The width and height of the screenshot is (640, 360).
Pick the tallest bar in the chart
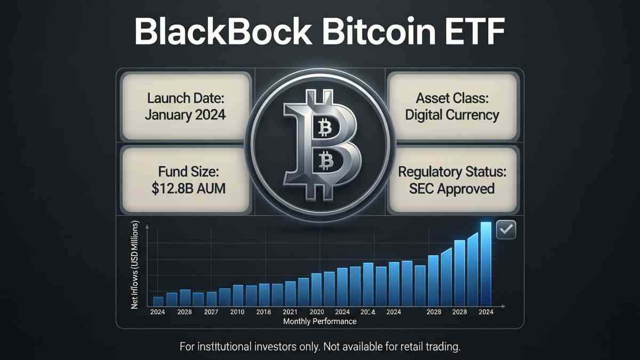point(486,263)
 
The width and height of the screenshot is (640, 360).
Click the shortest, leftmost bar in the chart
point(158,301)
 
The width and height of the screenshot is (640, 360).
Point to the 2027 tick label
point(212,311)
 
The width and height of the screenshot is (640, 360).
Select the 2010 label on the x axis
point(238,311)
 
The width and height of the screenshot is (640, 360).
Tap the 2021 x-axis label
point(290,311)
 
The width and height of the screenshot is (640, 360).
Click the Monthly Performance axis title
point(319,322)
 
